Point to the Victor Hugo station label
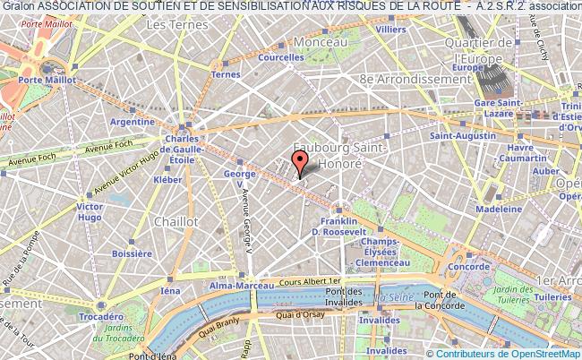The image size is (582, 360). click(x=90, y=212)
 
